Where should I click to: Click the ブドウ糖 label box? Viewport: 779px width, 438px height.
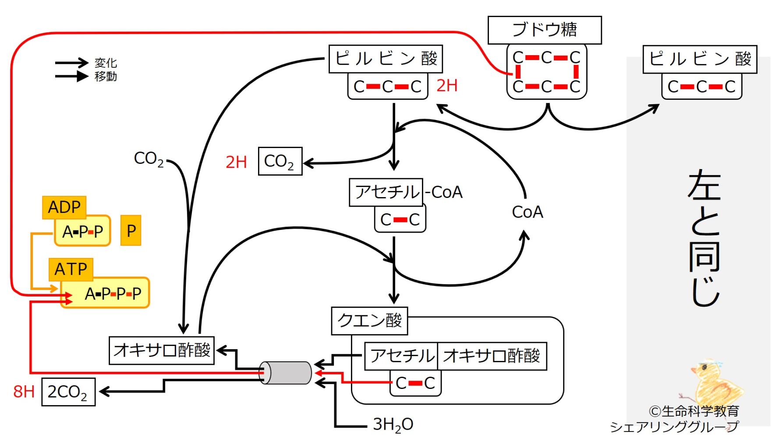click(544, 30)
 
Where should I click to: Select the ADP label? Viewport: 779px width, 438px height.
click(64, 207)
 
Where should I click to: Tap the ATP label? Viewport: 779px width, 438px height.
click(71, 269)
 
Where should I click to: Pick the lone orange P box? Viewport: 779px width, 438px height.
click(131, 230)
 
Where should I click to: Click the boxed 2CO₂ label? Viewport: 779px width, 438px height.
click(68, 392)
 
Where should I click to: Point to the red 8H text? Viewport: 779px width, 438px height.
click(24, 392)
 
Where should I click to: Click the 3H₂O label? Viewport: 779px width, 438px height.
click(393, 424)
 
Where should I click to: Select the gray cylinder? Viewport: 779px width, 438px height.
click(285, 373)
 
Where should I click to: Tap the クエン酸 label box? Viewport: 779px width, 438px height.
click(369, 321)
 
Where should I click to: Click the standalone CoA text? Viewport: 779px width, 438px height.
click(527, 212)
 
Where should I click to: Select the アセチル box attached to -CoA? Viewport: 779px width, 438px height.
click(386, 192)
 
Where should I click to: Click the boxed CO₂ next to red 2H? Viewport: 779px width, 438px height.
click(280, 161)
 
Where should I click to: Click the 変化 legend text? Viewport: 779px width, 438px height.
click(106, 63)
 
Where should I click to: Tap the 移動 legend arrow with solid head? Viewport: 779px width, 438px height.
click(71, 76)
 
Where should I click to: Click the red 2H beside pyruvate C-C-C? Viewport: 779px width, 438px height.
click(446, 85)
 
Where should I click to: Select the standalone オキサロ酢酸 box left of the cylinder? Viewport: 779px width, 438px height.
click(161, 350)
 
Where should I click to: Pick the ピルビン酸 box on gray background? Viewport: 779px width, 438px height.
click(700, 59)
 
